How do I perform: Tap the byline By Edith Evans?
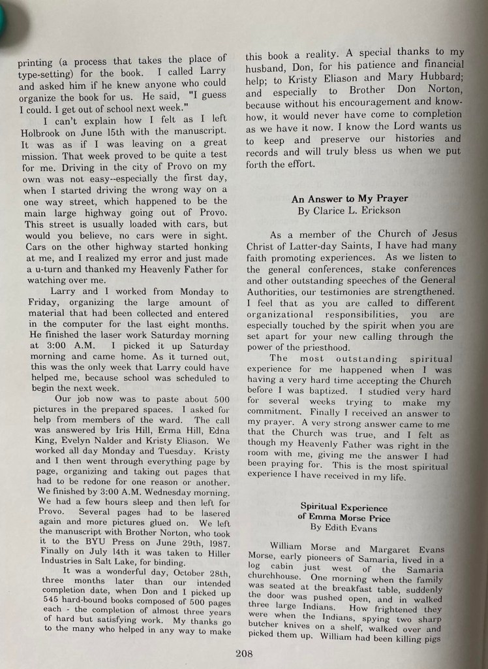pyautogui.click(x=344, y=527)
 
